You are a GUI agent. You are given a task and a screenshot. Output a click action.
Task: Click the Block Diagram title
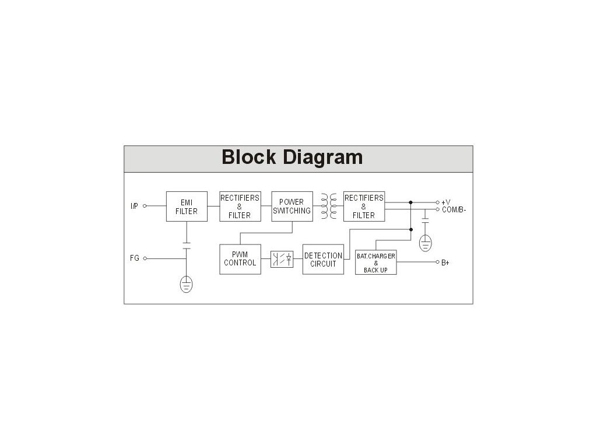tap(292, 157)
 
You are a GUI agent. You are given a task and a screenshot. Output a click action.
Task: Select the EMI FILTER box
tap(187, 206)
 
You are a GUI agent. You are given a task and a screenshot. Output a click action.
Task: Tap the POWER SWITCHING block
tap(292, 206)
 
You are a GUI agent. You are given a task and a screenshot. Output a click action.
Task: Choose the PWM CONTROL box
tap(240, 259)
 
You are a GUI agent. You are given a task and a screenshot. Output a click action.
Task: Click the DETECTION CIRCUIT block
tap(323, 260)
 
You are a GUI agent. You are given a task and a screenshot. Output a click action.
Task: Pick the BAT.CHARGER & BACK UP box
tap(376, 263)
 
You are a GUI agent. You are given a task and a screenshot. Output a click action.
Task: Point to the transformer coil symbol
tap(328, 206)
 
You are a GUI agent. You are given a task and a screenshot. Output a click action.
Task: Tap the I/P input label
tap(134, 206)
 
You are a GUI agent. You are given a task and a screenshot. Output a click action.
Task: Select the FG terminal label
tap(135, 258)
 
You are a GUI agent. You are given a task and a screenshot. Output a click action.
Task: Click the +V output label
tap(446, 202)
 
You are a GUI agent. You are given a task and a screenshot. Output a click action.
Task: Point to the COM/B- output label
tap(454, 209)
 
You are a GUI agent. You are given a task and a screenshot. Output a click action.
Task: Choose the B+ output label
tap(445, 263)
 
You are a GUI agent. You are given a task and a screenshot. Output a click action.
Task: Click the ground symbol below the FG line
tap(186, 284)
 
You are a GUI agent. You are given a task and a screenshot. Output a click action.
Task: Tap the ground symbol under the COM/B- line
tap(426, 243)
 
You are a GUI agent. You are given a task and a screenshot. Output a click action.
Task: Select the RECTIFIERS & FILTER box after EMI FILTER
tap(240, 206)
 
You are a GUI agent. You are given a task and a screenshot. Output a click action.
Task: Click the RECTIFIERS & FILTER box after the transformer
tap(364, 206)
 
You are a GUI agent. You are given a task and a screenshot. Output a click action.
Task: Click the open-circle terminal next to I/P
tap(145, 206)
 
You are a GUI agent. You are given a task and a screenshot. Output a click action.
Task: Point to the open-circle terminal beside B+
tap(437, 262)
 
